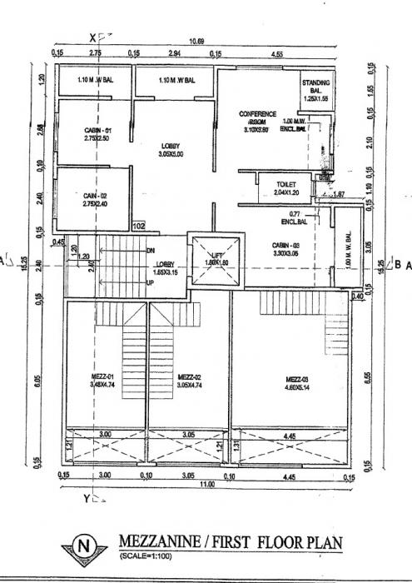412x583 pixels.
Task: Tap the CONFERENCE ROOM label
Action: point(257,117)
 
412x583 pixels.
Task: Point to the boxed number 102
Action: point(139,225)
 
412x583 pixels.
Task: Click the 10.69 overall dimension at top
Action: point(196,41)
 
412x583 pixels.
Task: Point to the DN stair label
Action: point(150,250)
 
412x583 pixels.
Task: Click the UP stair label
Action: point(150,282)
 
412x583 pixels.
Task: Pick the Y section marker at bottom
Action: point(87,498)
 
